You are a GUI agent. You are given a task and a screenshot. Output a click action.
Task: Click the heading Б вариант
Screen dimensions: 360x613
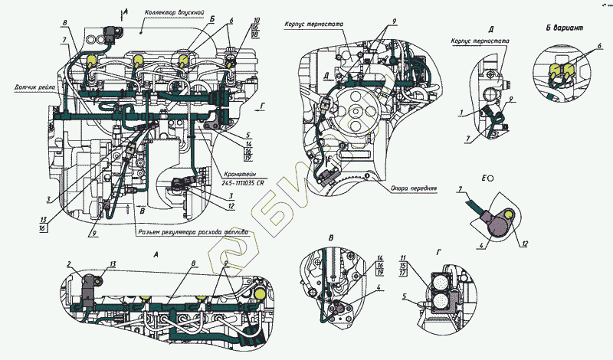(565, 28)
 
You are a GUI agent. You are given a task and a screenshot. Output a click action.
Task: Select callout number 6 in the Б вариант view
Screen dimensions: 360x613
(599, 47)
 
